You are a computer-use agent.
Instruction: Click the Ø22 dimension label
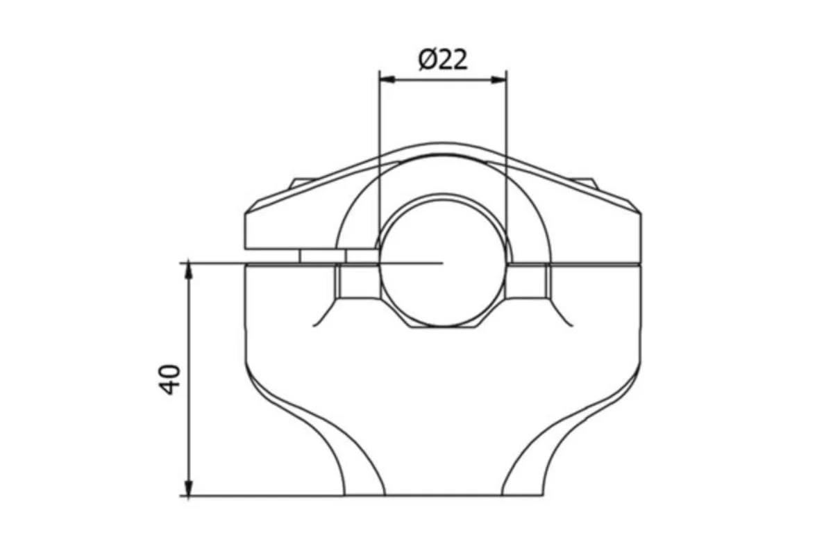point(443,60)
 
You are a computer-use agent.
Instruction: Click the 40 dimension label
point(169,379)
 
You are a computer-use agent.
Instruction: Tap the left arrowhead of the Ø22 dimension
point(387,79)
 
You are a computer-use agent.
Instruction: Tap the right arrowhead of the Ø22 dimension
point(498,79)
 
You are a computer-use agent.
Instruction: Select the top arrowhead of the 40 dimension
point(189,271)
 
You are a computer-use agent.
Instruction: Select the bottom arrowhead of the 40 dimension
point(189,487)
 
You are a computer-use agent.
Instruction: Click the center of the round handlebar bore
point(443,263)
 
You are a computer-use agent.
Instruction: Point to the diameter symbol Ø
point(427,60)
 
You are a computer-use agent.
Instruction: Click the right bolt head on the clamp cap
point(584,183)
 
